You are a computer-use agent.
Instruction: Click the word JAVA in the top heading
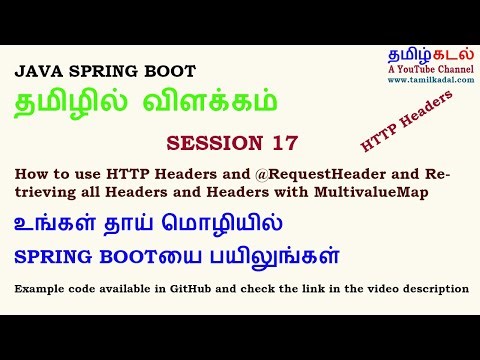(x=37, y=73)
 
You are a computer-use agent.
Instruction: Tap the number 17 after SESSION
(x=285, y=141)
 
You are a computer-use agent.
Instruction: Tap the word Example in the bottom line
(x=40, y=288)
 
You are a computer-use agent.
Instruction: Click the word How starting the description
(x=29, y=175)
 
